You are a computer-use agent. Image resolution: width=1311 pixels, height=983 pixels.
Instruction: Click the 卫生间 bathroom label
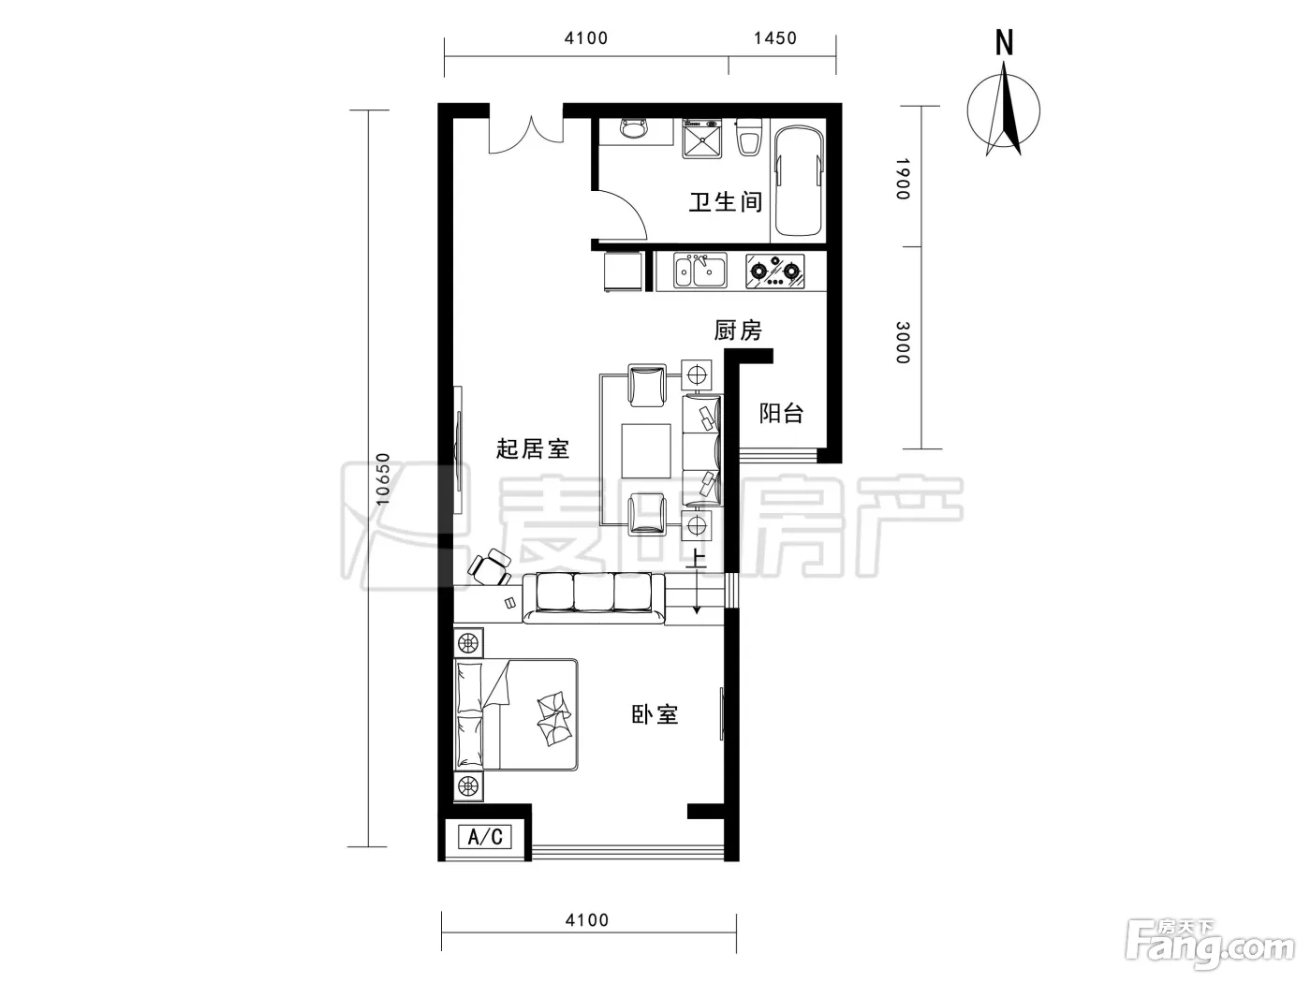click(x=726, y=201)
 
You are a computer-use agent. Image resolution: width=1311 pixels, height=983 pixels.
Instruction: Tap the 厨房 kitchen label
click(x=738, y=330)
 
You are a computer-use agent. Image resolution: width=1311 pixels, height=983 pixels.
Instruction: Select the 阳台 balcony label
click(x=781, y=413)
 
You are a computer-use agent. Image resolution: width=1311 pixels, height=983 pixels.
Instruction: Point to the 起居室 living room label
click(x=532, y=448)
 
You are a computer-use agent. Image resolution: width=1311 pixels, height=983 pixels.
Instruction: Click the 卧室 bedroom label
click(x=655, y=714)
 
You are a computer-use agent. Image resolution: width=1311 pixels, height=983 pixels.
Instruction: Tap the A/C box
click(x=484, y=836)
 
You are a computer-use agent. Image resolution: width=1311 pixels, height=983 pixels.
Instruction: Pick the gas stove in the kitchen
click(x=774, y=271)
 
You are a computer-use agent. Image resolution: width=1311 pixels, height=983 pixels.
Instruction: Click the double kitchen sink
click(x=700, y=271)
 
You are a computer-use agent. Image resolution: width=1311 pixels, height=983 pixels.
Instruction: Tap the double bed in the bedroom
click(x=516, y=714)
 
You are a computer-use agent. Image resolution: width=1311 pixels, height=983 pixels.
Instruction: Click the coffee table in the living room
click(x=645, y=451)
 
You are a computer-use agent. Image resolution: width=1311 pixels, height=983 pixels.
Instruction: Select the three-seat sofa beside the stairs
click(x=594, y=598)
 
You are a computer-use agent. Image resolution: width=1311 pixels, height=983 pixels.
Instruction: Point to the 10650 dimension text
click(x=382, y=478)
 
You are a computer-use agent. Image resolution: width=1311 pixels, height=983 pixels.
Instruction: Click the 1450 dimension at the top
click(x=774, y=38)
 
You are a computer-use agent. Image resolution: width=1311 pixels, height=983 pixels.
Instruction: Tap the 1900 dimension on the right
click(x=903, y=179)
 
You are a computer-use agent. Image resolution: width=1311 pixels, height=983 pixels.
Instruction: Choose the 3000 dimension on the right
click(x=903, y=343)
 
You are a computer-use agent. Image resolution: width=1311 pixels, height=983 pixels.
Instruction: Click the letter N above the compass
click(x=1004, y=42)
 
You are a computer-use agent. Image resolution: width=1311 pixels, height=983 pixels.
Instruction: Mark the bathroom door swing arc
click(x=629, y=206)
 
